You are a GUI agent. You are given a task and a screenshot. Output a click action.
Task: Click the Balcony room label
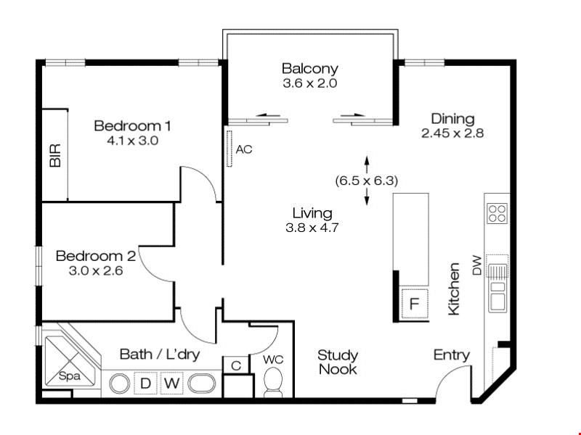(x=310, y=69)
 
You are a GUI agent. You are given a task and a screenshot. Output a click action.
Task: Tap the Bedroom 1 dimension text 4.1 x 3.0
(x=132, y=141)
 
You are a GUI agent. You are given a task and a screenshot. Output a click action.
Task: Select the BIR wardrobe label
(x=55, y=155)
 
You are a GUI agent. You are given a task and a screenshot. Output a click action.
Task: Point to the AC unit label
(x=244, y=149)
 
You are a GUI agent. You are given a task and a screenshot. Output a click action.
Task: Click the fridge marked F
(x=414, y=304)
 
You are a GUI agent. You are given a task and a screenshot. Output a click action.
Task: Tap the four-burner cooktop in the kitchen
(x=497, y=213)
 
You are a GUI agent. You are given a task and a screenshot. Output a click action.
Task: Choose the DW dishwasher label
(x=477, y=265)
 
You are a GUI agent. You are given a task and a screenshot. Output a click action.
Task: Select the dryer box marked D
(x=146, y=384)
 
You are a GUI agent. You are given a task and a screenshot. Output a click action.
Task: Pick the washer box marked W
(x=172, y=384)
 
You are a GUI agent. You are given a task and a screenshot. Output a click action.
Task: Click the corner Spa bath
(x=70, y=360)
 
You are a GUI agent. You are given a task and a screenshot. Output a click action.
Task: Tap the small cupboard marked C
(x=236, y=365)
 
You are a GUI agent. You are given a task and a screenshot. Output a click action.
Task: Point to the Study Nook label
(x=338, y=362)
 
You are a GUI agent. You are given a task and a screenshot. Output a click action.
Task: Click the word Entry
(x=451, y=355)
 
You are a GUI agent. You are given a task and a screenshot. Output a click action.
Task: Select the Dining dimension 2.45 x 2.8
(x=452, y=133)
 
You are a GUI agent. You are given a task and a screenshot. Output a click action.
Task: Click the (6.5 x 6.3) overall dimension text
(x=367, y=181)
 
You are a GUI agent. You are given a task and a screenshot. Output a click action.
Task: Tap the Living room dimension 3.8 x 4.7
(x=312, y=228)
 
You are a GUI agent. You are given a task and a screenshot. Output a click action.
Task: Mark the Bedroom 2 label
(x=96, y=256)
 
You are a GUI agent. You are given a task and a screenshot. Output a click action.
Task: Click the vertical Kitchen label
(x=454, y=289)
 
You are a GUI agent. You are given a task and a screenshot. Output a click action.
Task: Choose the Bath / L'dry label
(x=160, y=355)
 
